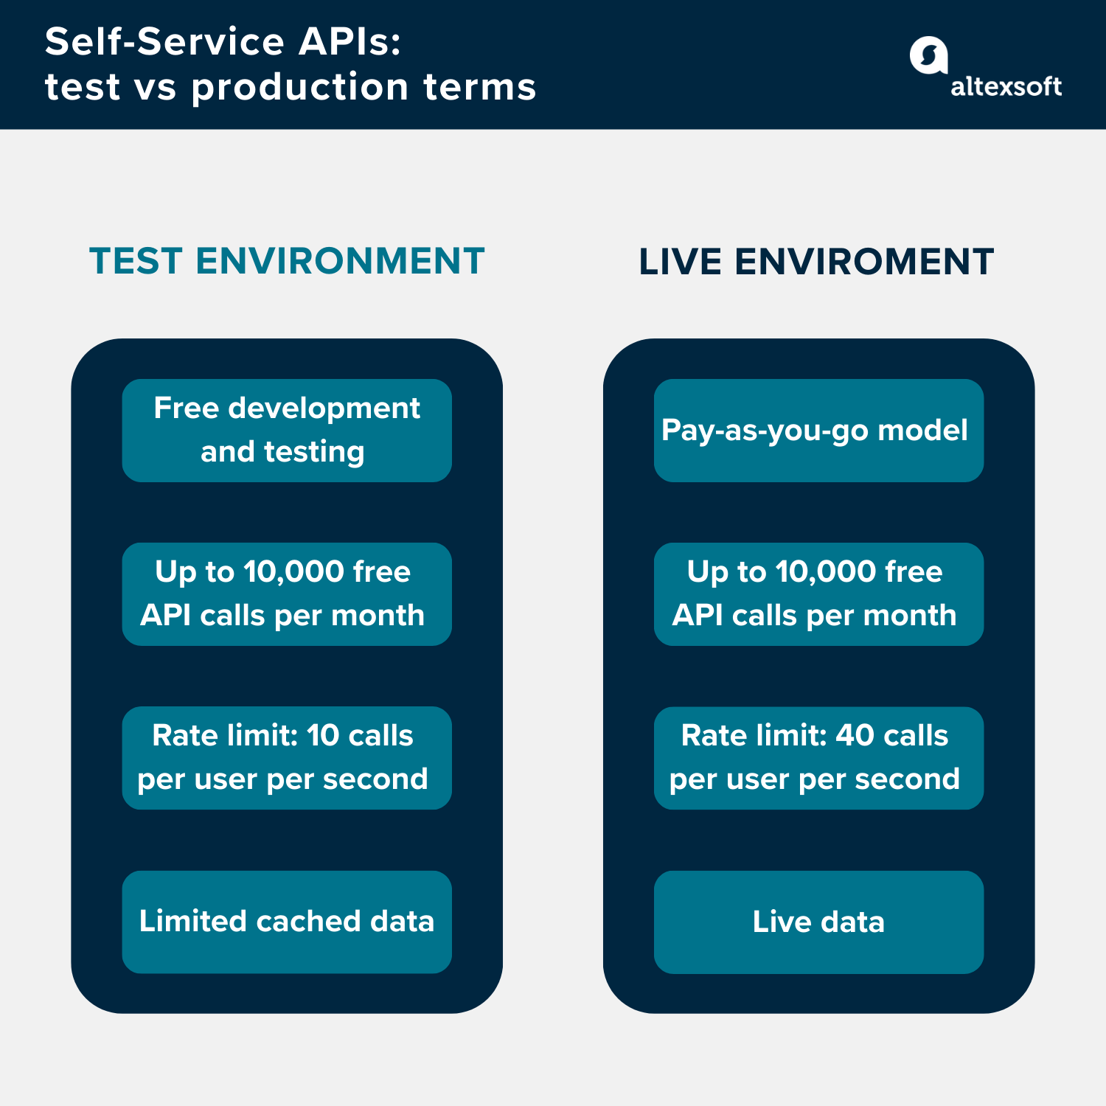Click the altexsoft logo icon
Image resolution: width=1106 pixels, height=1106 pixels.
point(928,55)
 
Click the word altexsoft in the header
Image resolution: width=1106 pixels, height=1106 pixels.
point(1006,87)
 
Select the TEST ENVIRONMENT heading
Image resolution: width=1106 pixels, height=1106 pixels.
point(287,261)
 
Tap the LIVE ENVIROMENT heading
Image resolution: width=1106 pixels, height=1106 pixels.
point(816,262)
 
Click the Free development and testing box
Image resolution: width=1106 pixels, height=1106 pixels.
point(287,430)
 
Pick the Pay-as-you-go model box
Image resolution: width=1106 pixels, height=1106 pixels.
point(818,430)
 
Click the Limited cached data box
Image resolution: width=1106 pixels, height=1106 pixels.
point(287,922)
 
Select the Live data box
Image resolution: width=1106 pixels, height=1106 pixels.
point(818,922)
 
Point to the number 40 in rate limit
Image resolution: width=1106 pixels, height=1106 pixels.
point(855,735)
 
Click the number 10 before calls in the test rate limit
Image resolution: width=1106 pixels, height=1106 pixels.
point(323,735)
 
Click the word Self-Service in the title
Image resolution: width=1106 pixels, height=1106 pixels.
point(164,41)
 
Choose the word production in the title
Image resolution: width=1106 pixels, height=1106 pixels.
point(299,87)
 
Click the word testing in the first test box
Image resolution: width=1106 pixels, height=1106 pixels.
point(314,451)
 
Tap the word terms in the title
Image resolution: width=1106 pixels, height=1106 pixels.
point(479,87)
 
